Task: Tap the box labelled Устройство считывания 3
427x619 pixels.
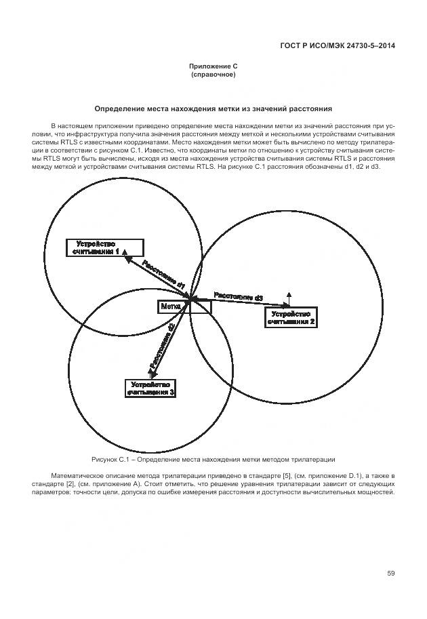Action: pyautogui.click(x=151, y=388)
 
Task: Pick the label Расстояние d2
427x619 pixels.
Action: pyautogui.click(x=163, y=346)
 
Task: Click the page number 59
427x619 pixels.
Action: pyautogui.click(x=391, y=574)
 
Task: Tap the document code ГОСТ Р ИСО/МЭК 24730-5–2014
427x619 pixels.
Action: pyautogui.click(x=337, y=46)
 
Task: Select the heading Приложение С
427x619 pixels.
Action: pyautogui.click(x=213, y=66)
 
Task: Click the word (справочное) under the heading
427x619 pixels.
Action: pyautogui.click(x=213, y=75)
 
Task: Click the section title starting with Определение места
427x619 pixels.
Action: pyautogui.click(x=213, y=108)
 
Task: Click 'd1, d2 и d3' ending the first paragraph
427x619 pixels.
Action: pyautogui.click(x=362, y=167)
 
